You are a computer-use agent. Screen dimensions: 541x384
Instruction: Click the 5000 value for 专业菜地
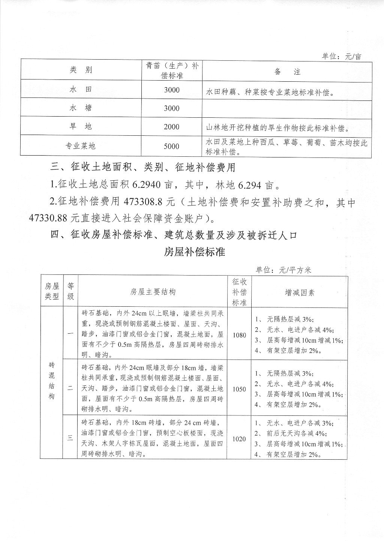click(171, 146)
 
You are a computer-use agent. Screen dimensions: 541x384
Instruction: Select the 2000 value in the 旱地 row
click(171, 127)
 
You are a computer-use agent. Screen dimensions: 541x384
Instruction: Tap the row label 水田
click(81, 90)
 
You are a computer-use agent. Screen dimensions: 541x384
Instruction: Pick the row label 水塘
click(81, 108)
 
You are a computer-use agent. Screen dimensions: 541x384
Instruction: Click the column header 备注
click(287, 72)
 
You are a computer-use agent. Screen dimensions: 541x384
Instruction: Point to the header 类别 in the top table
click(81, 70)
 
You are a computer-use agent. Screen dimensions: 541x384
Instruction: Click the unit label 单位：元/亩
click(342, 57)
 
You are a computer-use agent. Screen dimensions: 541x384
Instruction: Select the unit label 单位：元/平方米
click(283, 270)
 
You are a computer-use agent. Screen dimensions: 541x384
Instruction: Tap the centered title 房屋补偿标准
click(194, 252)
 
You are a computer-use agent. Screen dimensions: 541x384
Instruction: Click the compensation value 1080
click(239, 335)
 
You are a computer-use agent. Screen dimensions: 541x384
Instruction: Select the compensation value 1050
click(239, 389)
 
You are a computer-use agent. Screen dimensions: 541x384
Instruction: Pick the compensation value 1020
click(239, 439)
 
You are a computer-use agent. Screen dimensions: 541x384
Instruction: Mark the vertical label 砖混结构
click(52, 381)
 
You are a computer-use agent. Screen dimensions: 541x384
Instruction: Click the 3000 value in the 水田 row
click(171, 90)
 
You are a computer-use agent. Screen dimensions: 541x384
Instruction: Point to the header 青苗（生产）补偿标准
click(172, 70)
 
